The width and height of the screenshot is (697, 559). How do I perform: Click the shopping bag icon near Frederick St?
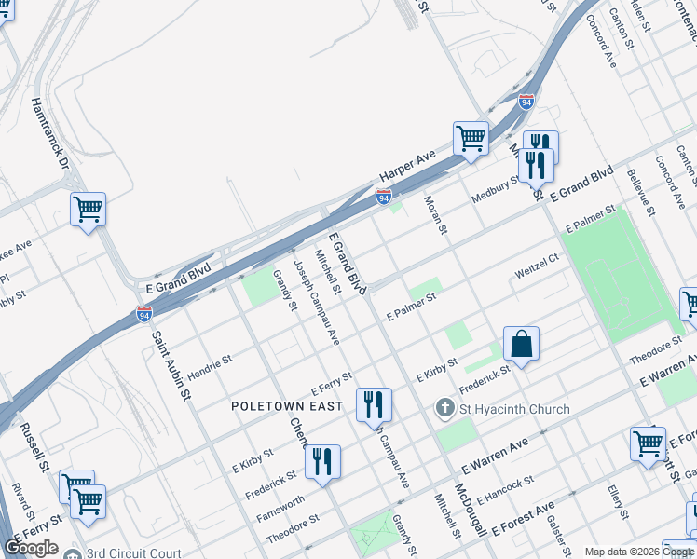click(522, 344)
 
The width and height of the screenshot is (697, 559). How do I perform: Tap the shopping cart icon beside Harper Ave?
click(471, 140)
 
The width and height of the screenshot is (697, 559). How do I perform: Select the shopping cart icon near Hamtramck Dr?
click(89, 210)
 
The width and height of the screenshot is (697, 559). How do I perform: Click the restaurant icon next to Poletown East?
click(374, 404)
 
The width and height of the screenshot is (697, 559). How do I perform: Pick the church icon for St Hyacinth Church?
click(445, 408)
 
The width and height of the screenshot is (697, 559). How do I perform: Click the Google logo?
click(32, 548)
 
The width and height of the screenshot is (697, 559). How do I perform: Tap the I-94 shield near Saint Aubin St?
click(143, 314)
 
